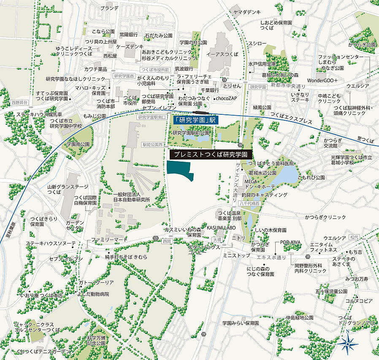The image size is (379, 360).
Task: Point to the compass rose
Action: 347,344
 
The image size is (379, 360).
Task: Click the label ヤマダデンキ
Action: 246,12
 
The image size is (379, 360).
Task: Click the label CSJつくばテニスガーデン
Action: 44,352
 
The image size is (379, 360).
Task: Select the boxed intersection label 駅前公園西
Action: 153,144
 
